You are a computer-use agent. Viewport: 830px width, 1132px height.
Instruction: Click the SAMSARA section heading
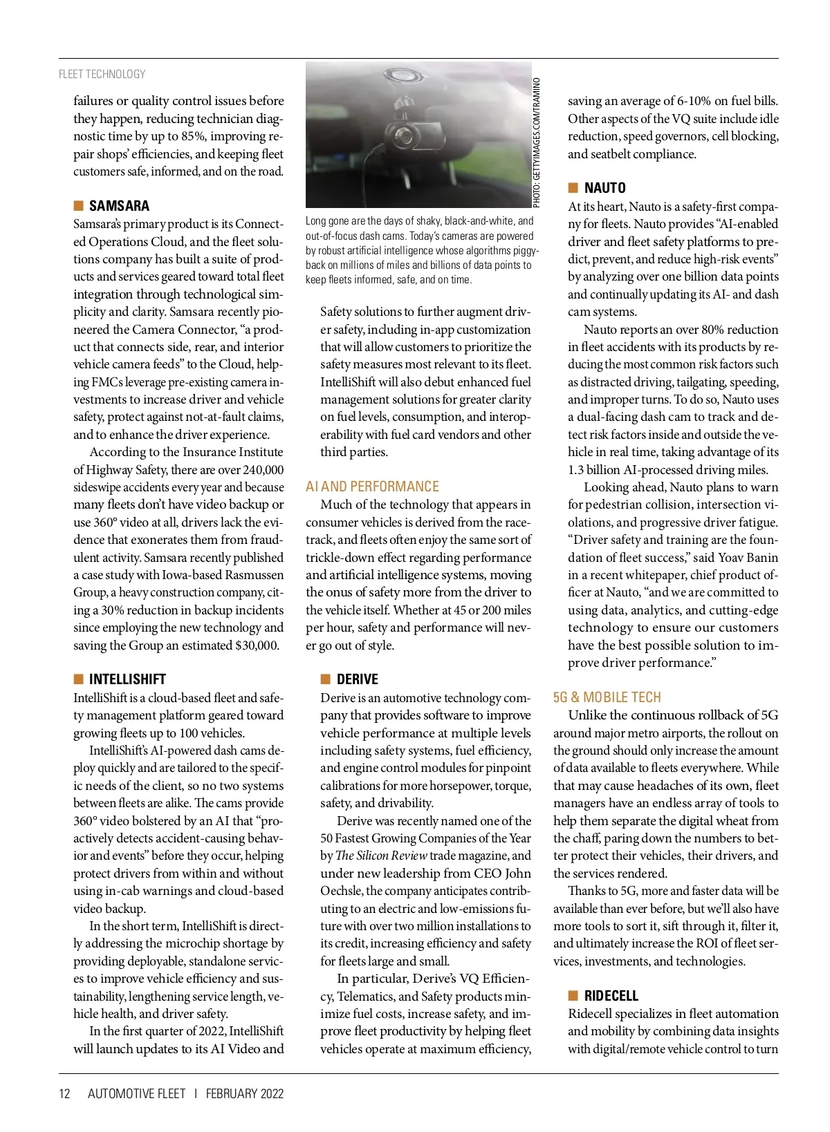[x=119, y=206]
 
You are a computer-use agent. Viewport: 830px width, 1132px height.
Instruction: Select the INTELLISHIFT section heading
[x=127, y=679]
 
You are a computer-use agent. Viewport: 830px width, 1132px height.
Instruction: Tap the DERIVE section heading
[x=357, y=679]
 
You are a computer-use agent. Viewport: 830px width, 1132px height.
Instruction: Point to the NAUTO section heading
[x=605, y=188]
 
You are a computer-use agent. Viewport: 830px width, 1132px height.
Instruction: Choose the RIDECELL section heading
[x=611, y=996]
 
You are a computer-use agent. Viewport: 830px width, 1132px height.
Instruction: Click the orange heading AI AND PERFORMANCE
[x=372, y=487]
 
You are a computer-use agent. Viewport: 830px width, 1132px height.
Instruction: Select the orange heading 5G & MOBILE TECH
[x=607, y=697]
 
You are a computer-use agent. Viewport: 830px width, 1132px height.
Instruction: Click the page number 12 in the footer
[x=65, y=1093]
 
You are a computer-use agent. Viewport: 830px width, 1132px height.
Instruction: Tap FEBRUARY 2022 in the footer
[x=244, y=1093]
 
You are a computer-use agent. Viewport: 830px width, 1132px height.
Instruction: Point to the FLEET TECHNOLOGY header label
[x=102, y=74]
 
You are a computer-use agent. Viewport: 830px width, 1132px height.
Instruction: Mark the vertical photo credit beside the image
[x=537, y=142]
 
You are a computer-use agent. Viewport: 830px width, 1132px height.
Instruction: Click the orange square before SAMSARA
[x=78, y=206]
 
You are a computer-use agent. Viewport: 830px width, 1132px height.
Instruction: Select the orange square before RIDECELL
[x=573, y=996]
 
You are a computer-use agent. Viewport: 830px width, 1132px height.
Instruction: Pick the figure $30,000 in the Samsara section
[x=257, y=645]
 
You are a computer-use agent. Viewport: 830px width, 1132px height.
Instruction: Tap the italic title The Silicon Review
[x=380, y=856]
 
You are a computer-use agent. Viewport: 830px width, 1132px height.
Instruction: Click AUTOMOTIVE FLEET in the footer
[x=136, y=1093]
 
